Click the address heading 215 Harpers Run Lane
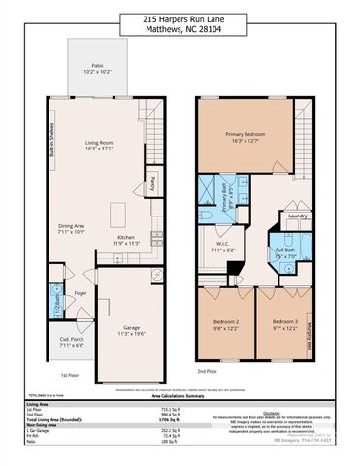click(x=180, y=18)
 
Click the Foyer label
click(x=82, y=293)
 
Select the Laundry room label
click(x=297, y=216)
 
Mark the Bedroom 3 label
click(x=284, y=324)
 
